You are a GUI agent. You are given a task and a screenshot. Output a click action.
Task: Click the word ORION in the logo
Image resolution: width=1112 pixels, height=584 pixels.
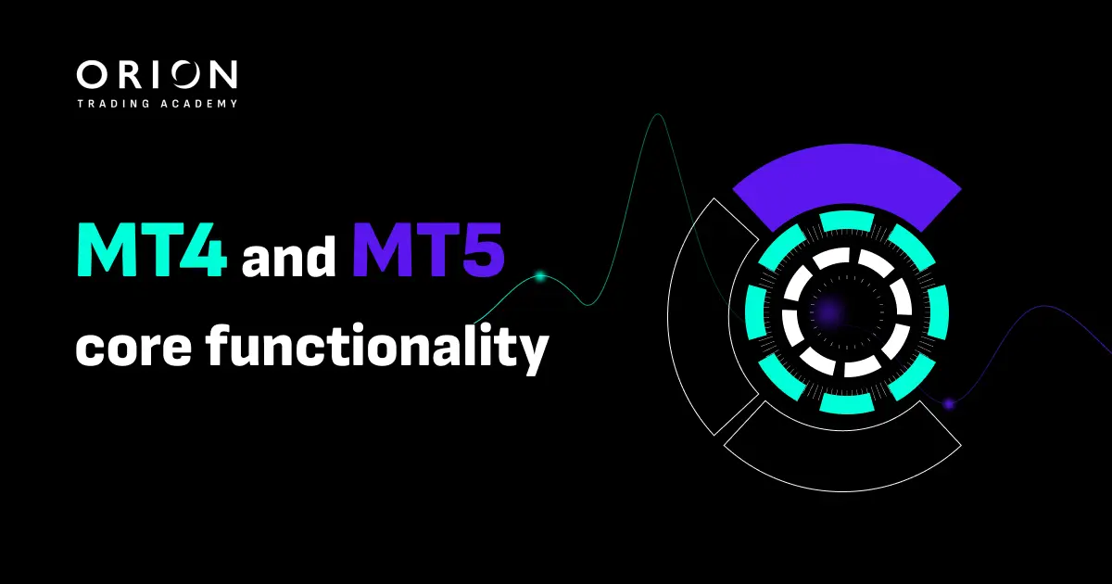tap(157, 75)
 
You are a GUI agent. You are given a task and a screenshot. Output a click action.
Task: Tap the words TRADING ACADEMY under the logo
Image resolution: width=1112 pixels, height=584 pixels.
tap(157, 104)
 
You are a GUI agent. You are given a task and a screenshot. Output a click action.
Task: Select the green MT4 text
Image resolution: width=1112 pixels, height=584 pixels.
tap(152, 249)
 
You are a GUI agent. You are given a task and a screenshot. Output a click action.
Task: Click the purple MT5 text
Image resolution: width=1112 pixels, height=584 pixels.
tap(428, 249)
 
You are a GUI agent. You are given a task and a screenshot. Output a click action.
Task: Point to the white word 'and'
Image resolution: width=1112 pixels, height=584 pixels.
tap(289, 256)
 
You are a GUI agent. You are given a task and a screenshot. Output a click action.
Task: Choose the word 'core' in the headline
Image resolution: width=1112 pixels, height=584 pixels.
tap(134, 347)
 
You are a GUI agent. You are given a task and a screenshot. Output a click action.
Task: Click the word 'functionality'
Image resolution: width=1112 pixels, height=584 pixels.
tap(378, 349)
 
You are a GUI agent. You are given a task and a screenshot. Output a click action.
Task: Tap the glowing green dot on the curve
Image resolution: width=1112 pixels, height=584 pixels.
tap(540, 276)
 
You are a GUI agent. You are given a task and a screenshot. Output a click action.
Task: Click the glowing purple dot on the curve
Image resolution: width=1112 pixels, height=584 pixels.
tap(949, 404)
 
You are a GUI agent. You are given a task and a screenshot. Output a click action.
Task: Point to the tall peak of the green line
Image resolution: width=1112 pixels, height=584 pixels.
tap(658, 115)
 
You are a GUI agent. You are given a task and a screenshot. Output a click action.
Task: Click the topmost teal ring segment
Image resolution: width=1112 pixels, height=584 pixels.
tap(847, 221)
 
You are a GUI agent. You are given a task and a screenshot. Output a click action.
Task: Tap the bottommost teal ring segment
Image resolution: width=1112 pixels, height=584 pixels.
tap(847, 403)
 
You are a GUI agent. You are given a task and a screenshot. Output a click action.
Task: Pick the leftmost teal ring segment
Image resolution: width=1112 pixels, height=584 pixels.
tap(756, 313)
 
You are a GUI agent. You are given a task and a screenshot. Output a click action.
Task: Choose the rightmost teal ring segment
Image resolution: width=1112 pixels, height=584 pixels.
tap(938, 313)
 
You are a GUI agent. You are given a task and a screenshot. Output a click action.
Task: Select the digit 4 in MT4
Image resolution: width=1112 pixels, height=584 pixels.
tap(207, 249)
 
